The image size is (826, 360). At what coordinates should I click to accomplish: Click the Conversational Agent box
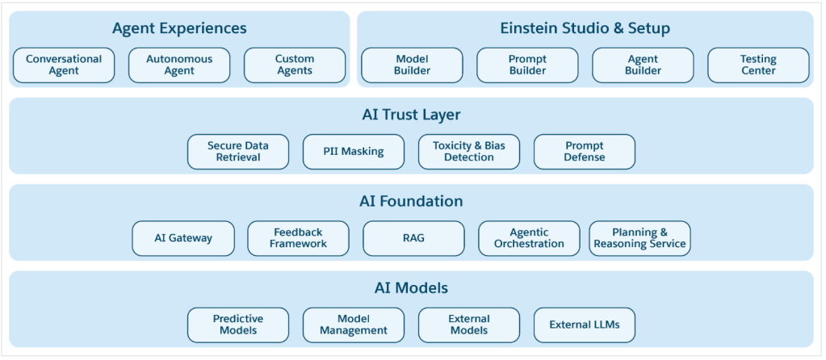pos(64,65)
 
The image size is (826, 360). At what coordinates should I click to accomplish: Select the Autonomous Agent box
pos(179,65)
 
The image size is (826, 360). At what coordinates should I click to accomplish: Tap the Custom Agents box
pos(295,65)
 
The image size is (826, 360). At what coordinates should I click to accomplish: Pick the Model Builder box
pos(412,65)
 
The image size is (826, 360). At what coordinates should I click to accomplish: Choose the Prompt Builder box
pos(527,65)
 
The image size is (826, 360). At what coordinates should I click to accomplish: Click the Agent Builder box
pos(643,65)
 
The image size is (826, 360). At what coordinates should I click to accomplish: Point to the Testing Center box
pos(758,65)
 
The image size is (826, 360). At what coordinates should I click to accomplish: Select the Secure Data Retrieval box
pos(238,152)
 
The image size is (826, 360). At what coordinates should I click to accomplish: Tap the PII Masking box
pos(354,152)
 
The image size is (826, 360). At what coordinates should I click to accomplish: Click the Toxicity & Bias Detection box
pos(469,152)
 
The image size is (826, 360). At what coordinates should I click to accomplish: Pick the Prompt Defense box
pos(585,152)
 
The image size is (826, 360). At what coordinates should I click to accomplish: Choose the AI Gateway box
pos(183,238)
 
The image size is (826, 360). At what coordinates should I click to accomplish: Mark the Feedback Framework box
pos(298,238)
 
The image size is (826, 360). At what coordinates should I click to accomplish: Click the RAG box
pos(413,238)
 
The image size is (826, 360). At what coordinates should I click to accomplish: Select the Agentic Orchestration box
pos(529,238)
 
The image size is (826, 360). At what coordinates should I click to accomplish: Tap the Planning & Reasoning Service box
pos(639,238)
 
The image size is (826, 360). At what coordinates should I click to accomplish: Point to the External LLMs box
pos(585,324)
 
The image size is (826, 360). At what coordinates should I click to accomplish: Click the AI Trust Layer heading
pos(412,115)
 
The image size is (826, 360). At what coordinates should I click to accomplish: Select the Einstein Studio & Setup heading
pos(585,28)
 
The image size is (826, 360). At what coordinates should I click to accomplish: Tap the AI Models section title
pos(412,288)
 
